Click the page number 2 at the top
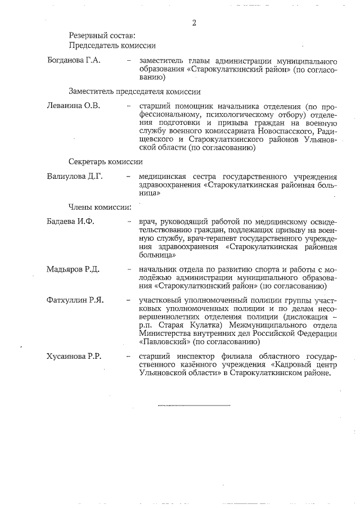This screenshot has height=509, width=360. (194, 23)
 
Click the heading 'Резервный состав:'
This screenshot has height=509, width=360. (98, 35)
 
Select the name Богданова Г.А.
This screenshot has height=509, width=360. (74, 61)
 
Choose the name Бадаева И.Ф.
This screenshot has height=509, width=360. (70, 221)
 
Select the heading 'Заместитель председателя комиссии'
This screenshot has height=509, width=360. (135, 91)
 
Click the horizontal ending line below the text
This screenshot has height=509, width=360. (194, 404)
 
